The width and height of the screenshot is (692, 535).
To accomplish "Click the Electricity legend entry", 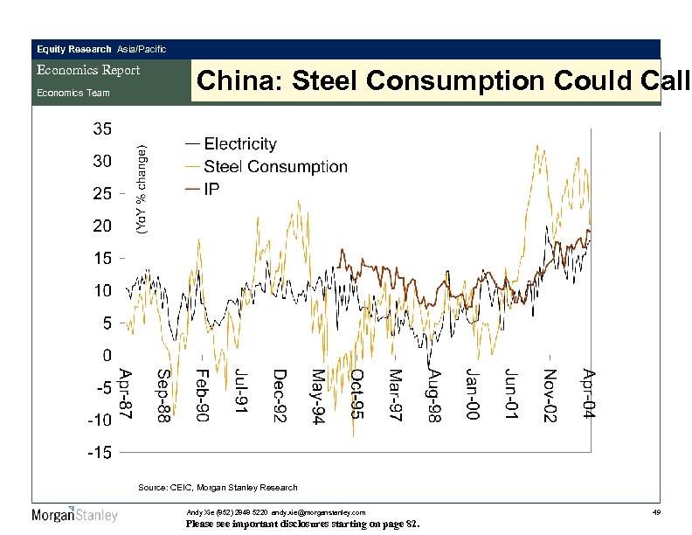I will pyautogui.click(x=240, y=144).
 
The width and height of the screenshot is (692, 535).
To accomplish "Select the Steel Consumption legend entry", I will pyautogui.click(x=275, y=166).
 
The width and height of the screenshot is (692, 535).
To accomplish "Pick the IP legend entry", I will pyautogui.click(x=211, y=189).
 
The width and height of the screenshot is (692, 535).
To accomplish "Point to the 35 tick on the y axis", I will pyautogui.click(x=102, y=129).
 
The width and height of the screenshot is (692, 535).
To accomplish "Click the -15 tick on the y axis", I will pyautogui.click(x=98, y=453).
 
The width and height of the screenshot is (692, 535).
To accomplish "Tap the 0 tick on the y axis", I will pyautogui.click(x=106, y=356).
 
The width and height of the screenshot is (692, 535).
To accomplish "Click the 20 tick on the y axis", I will pyautogui.click(x=102, y=226).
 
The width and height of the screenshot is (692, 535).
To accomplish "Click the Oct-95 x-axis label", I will pyautogui.click(x=357, y=394).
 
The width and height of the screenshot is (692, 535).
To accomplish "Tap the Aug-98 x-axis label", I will pyautogui.click(x=434, y=395).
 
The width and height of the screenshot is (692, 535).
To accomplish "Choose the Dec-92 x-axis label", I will pyautogui.click(x=280, y=395).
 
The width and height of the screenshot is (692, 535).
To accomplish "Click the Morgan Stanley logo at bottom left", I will pyautogui.click(x=74, y=515).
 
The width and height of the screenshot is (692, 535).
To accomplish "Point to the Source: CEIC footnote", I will pyautogui.click(x=218, y=487).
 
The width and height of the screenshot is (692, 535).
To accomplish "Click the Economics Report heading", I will pyautogui.click(x=86, y=70).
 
